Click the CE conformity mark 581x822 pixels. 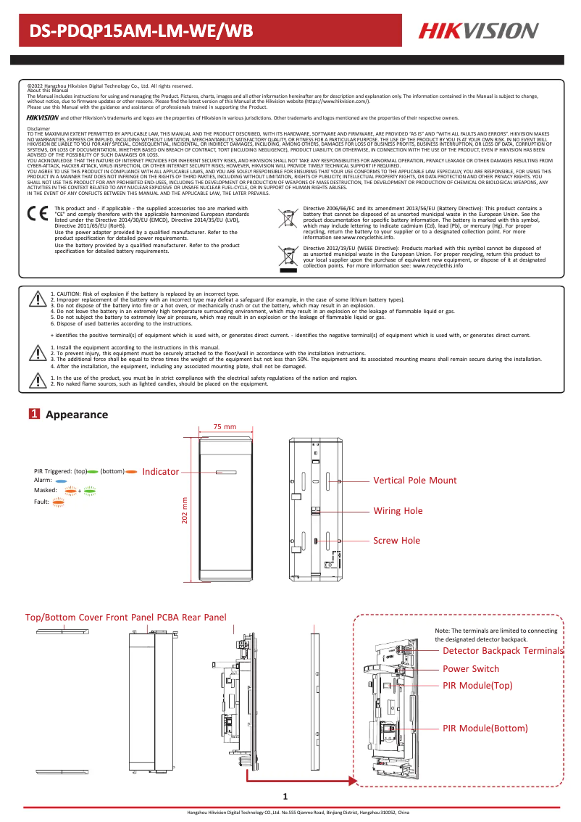(x=37, y=215)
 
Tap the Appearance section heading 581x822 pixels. (x=76, y=415)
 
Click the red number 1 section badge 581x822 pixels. (x=33, y=415)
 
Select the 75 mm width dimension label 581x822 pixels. (x=225, y=426)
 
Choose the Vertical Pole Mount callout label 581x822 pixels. (x=414, y=481)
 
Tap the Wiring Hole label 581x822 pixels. (x=398, y=511)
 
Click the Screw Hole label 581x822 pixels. (x=396, y=541)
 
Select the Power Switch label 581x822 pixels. (x=470, y=668)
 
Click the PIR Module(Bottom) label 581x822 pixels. (x=485, y=728)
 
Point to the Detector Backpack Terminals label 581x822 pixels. (x=503, y=651)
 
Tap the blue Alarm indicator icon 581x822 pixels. (x=62, y=481)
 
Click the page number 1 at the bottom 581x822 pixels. (x=285, y=797)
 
